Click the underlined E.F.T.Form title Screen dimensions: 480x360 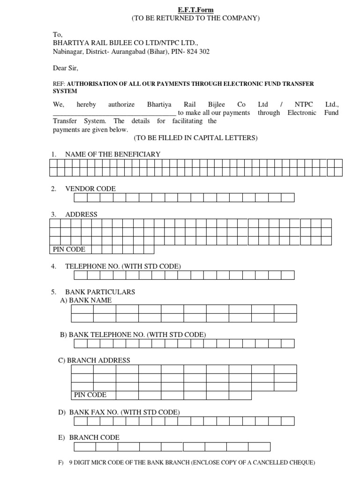[195, 10]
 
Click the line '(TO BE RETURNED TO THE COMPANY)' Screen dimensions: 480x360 [195, 18]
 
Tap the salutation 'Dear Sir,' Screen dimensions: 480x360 [66, 68]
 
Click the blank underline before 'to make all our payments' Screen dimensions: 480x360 [114, 113]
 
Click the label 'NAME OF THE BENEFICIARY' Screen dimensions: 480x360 [112, 154]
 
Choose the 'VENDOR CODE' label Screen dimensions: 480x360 [90, 189]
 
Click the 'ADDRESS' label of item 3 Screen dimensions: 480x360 [81, 215]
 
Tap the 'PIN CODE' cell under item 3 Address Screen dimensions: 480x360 [69, 249]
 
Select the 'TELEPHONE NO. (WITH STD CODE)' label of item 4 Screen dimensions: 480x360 [123, 266]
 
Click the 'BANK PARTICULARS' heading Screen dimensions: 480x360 [100, 292]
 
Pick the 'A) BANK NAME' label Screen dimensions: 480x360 [86, 300]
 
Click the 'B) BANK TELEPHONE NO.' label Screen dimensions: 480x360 [133, 335]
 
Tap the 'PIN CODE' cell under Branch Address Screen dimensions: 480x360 [90, 395]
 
